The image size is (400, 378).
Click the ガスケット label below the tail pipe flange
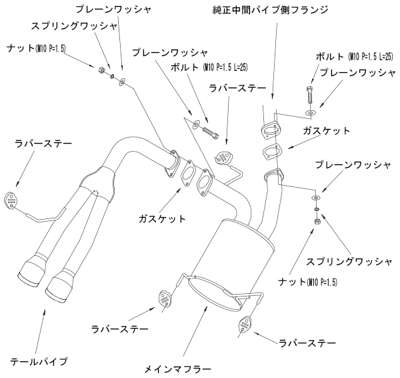[x=162, y=218]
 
